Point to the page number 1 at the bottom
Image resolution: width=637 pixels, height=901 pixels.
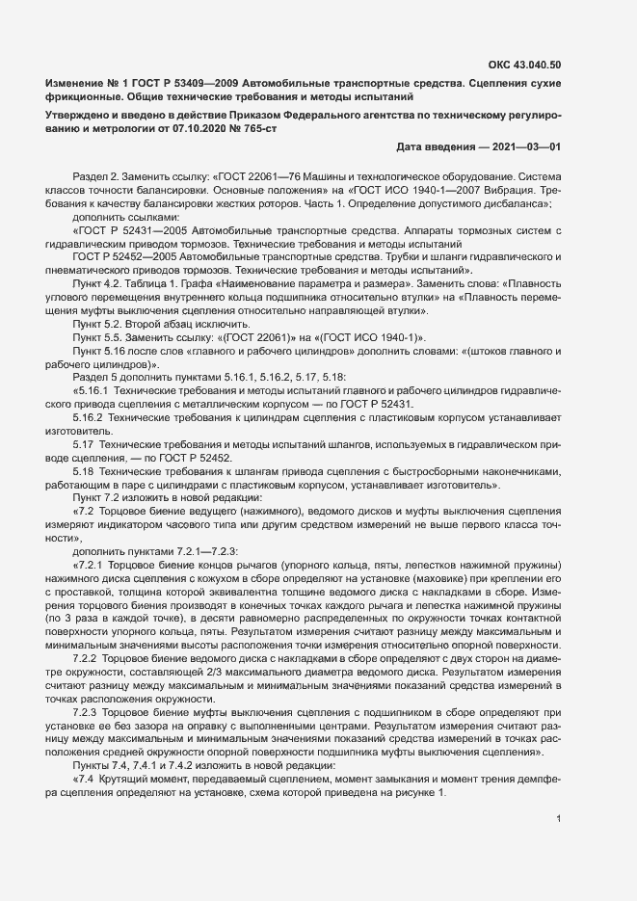pos(559,820)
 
